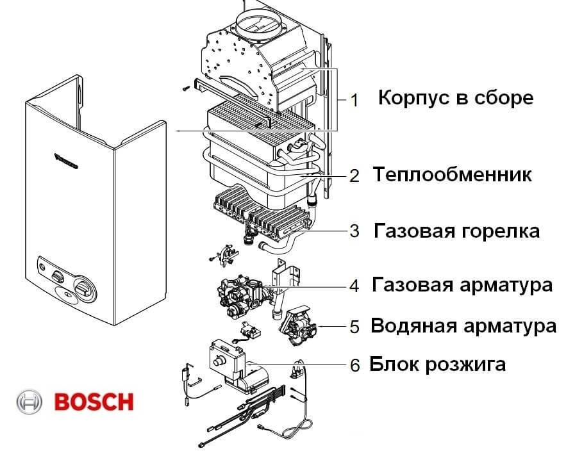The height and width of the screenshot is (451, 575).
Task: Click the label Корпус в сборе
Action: point(455,98)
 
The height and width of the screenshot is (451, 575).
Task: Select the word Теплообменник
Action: point(452,174)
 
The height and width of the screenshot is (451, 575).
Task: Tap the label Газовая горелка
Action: point(457,231)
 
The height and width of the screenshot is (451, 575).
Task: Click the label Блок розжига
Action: point(438,365)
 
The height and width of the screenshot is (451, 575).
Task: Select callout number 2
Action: point(354,175)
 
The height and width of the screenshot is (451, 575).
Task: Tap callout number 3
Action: point(354,231)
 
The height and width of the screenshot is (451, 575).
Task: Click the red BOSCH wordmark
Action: point(94,402)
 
